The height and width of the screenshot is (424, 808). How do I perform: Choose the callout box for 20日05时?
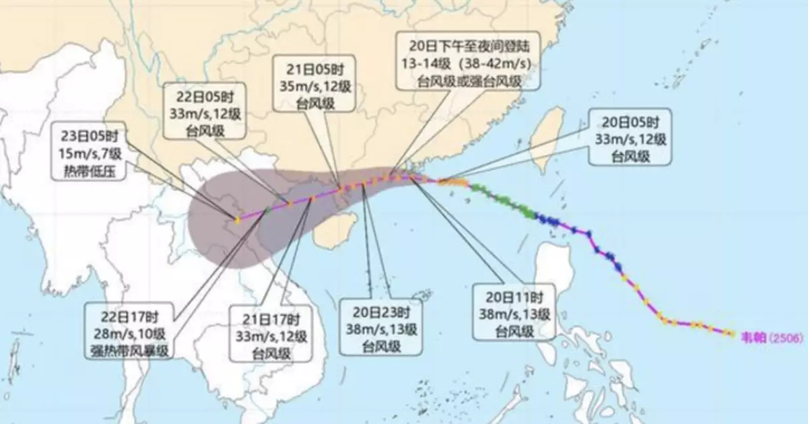[x=632, y=137]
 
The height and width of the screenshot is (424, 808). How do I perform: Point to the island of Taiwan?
[x=546, y=137]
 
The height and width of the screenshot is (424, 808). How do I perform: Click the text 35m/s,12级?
[x=314, y=87]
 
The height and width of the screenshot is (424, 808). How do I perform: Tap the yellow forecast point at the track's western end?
[x=237, y=219]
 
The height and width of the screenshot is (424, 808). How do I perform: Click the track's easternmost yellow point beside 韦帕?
[x=730, y=332]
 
